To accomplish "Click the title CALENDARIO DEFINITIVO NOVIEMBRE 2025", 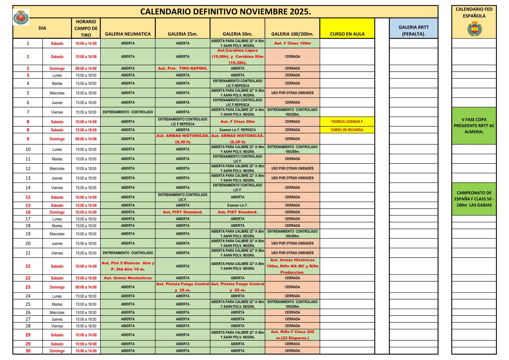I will pyautogui.click(x=226, y=12).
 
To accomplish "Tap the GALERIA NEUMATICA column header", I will pyautogui.click(x=128, y=34).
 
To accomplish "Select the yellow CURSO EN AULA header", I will pyautogui.click(x=347, y=34).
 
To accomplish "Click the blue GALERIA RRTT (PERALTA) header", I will pyautogui.click(x=413, y=30).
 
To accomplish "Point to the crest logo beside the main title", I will pyautogui.click(x=21, y=17).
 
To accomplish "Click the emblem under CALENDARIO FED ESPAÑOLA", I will pyautogui.click(x=474, y=29).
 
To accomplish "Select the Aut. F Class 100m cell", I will pyautogui.click(x=292, y=43).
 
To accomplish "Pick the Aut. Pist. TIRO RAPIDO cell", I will pyautogui.click(x=183, y=68).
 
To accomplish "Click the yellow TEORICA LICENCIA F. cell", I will pyautogui.click(x=347, y=122).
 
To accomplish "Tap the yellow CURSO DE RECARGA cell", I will pyautogui.click(x=347, y=130).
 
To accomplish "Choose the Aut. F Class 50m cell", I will pyautogui.click(x=237, y=122).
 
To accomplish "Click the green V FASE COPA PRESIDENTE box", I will pyautogui.click(x=474, y=126).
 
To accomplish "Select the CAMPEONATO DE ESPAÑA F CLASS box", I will pyautogui.click(x=474, y=199).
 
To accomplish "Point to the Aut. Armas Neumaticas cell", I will pyautogui.click(x=128, y=278).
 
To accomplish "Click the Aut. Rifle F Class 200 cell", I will pyautogui.click(x=292, y=335).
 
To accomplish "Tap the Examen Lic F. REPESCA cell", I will pyautogui.click(x=237, y=130).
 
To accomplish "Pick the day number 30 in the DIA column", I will pyautogui.click(x=28, y=351).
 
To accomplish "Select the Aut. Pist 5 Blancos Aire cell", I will pyautogui.click(x=128, y=266).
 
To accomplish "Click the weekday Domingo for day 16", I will pyautogui.click(x=57, y=212).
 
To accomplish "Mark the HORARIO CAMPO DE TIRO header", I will pyautogui.click(x=86, y=28).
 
